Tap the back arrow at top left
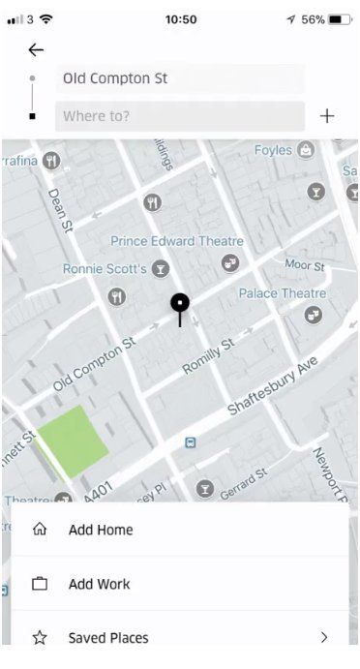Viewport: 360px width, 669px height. [x=36, y=50]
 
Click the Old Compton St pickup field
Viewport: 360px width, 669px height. [x=180, y=78]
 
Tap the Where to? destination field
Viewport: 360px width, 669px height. [x=180, y=116]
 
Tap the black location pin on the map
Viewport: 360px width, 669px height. [x=180, y=304]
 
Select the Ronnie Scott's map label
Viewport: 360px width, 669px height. [x=104, y=268]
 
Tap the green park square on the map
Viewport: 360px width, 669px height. [x=73, y=441]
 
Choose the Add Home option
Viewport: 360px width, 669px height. [x=101, y=530]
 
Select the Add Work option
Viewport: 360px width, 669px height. [x=99, y=584]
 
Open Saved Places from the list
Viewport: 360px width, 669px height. [x=108, y=638]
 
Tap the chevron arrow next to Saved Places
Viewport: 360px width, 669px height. [x=324, y=638]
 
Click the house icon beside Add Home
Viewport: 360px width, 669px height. [x=40, y=530]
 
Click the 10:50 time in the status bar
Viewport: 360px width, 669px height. [x=181, y=19]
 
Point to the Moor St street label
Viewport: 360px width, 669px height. [x=306, y=264]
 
